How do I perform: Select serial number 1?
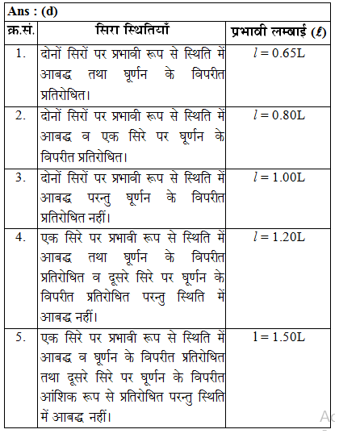tap(20, 54)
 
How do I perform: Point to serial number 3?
tap(20, 177)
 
